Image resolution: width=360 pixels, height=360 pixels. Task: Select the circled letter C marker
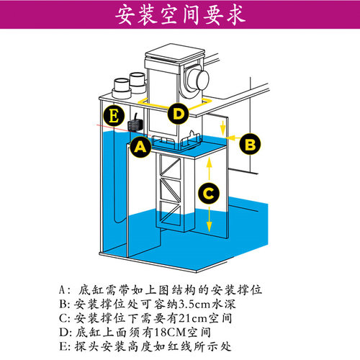[209, 192]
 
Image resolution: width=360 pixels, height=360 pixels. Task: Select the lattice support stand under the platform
[172, 191]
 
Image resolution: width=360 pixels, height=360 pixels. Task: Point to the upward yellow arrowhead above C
[209, 163]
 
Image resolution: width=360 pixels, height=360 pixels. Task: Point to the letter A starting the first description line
[63, 289]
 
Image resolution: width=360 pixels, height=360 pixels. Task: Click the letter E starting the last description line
[63, 346]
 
